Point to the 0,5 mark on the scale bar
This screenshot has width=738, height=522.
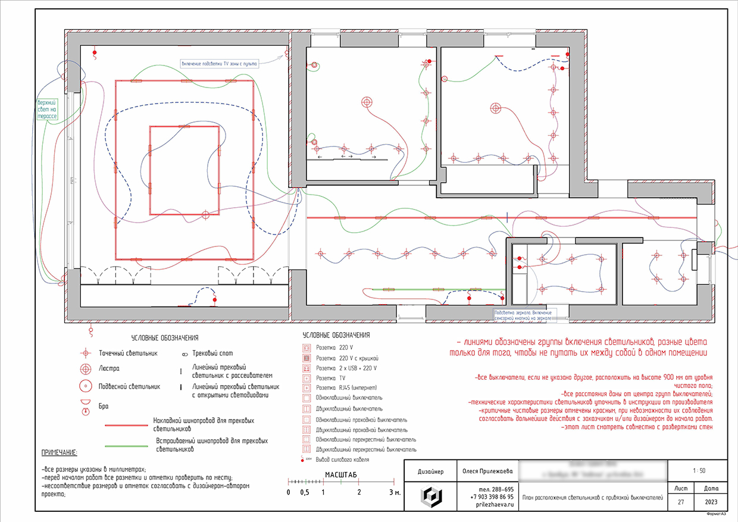click(305, 493)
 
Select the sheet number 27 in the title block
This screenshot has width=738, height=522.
click(680, 502)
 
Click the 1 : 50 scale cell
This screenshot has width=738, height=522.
click(699, 471)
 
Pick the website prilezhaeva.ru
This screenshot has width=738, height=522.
click(487, 504)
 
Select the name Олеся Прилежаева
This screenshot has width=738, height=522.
click(487, 471)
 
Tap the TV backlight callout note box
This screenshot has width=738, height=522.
click(220, 63)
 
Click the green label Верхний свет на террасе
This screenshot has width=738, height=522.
click(47, 110)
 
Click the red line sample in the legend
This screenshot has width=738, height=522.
click(126, 426)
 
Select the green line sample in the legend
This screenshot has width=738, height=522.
click(126, 445)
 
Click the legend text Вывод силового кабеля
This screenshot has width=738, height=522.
click(342, 460)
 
